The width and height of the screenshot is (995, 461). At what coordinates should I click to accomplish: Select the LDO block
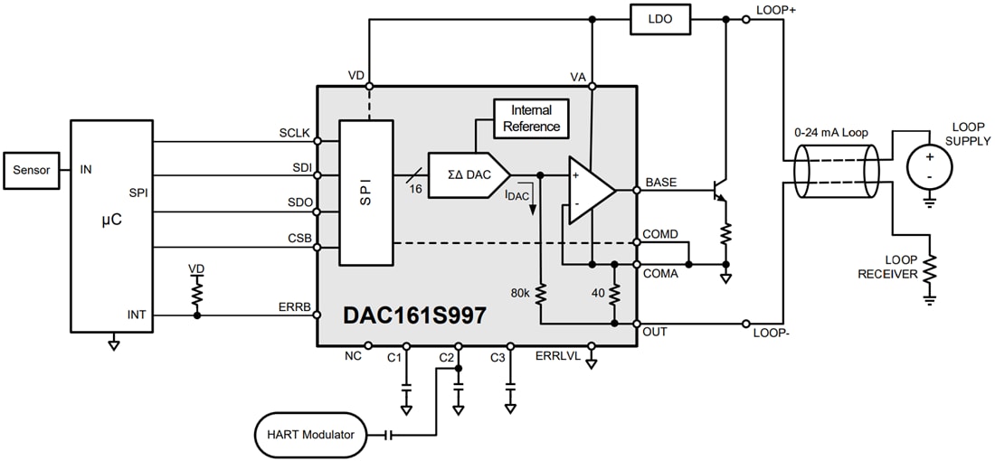(660, 18)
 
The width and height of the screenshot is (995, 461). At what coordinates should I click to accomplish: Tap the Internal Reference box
(531, 118)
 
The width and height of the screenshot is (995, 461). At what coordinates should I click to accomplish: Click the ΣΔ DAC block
(466, 174)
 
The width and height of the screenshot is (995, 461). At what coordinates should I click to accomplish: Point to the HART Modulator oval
(310, 435)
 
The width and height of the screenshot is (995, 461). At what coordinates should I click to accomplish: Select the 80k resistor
(539, 293)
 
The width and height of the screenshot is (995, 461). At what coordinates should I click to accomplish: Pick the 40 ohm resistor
(614, 293)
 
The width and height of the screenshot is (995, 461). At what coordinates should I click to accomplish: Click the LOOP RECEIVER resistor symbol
(929, 270)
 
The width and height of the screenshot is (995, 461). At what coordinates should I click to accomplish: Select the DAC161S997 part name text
(414, 315)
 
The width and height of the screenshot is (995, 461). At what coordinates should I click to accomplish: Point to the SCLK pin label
(295, 133)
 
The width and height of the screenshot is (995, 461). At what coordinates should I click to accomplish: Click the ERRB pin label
(294, 307)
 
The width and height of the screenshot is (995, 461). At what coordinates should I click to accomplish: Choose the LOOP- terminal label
(771, 333)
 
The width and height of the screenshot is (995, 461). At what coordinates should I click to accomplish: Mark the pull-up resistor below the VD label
(196, 293)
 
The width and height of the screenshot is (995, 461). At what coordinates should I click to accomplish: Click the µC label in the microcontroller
(110, 220)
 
